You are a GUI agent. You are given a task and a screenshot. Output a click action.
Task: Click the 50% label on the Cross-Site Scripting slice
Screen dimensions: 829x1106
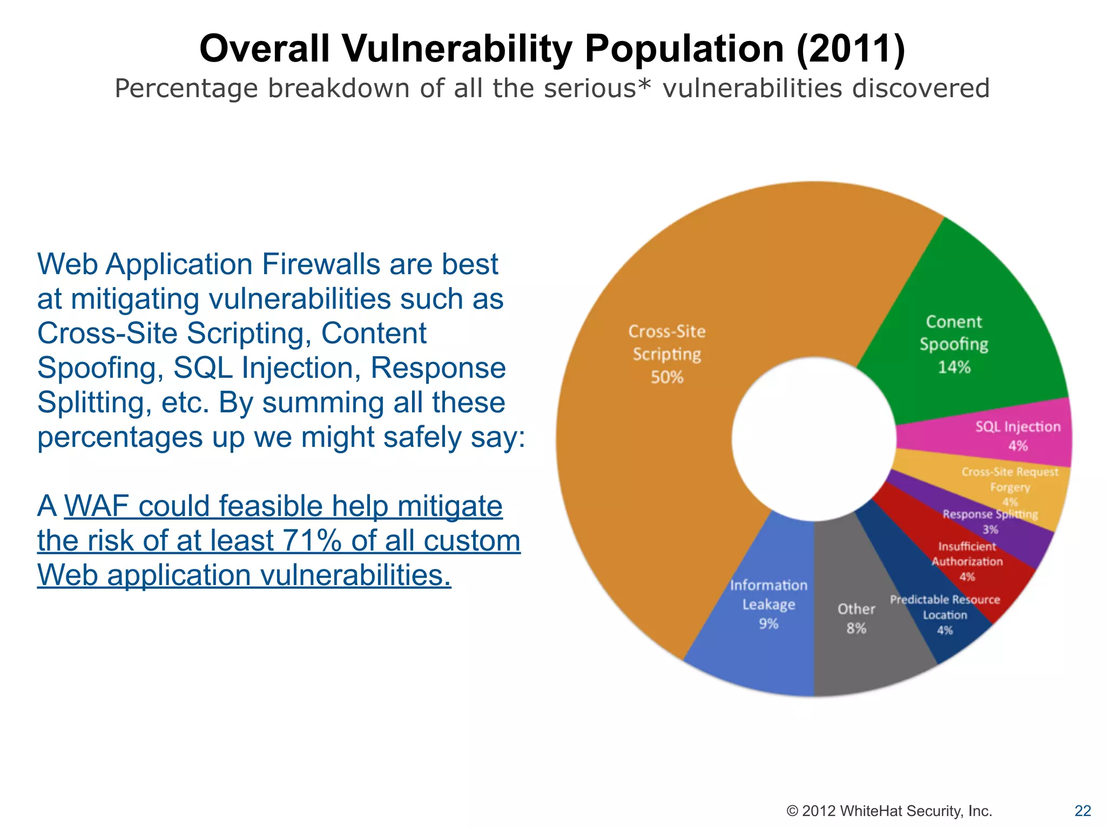coord(667,377)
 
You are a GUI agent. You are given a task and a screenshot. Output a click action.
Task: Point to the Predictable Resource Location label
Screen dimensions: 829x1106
coord(945,607)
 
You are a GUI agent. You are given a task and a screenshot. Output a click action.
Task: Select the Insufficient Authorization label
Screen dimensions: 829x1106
coord(967,554)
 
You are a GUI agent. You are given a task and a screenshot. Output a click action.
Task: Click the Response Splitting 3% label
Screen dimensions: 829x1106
coord(990,521)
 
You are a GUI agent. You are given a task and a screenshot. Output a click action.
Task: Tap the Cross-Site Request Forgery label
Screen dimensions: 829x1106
coord(1010,479)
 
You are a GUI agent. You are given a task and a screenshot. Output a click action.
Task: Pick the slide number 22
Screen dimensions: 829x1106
coord(1083,811)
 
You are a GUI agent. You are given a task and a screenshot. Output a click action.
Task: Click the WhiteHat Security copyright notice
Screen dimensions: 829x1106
coord(889,811)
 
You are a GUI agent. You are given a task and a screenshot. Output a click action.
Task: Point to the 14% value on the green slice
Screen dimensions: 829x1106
coord(954,368)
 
